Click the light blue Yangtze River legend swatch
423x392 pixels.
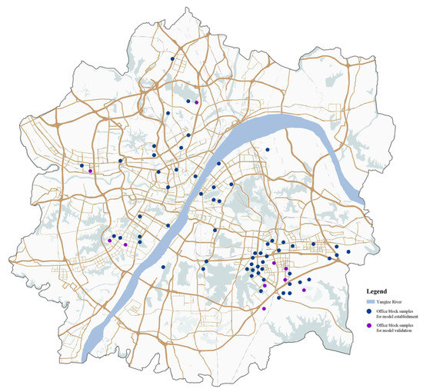coord(370,303)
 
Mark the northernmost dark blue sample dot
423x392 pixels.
coord(172,58)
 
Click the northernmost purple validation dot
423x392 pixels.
coord(196,102)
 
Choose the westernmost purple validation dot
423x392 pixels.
coord(90,171)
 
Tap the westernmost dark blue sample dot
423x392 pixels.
coord(82,165)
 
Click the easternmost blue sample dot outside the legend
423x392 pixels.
coord(348,252)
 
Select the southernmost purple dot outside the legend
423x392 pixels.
coord(264,308)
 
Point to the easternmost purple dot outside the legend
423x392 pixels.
coord(304,291)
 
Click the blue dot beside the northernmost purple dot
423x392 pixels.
coord(188,101)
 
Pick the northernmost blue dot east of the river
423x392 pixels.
coord(268,150)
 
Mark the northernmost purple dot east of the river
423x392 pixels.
coord(274,263)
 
